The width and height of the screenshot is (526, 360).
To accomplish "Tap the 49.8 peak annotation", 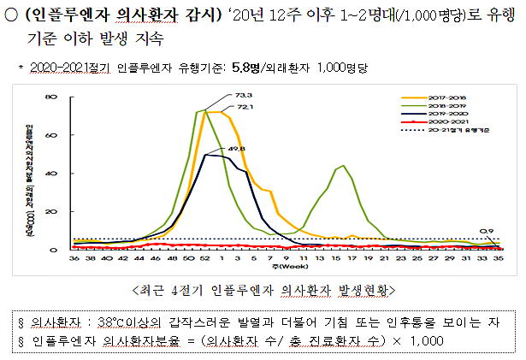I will pos(236,149).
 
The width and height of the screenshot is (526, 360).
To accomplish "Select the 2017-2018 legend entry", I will pos(445,97).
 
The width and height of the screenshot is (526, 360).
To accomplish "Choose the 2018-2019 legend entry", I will pos(445,105).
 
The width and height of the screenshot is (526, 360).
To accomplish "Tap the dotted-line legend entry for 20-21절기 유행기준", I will pos(451,131).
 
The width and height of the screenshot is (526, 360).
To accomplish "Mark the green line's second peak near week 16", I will pos(343,166).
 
